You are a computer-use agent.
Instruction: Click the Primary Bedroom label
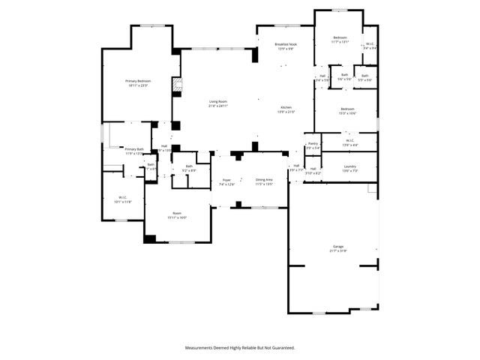[x=138, y=81]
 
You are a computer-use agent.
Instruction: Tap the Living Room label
[x=218, y=102]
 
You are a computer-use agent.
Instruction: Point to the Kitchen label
[x=286, y=108]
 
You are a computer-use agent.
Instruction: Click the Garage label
[x=338, y=246]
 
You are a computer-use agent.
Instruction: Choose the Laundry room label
[x=349, y=166]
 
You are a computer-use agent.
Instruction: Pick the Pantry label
[x=313, y=143]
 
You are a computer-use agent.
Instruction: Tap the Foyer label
[x=226, y=180]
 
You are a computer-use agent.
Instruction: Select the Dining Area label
[x=263, y=180]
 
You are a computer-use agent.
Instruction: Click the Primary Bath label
[x=134, y=149]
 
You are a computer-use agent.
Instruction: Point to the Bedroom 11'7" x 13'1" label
[x=340, y=37]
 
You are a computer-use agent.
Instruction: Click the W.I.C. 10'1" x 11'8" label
[x=122, y=198]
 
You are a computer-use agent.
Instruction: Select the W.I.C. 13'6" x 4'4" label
[x=349, y=140]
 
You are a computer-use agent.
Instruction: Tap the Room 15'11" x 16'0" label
[x=177, y=214]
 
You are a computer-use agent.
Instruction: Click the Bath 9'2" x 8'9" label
[x=189, y=166]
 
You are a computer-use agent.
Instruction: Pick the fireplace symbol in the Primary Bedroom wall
[x=178, y=85]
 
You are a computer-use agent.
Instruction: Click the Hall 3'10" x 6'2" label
[x=313, y=169]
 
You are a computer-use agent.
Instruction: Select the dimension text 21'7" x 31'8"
[x=338, y=250]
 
